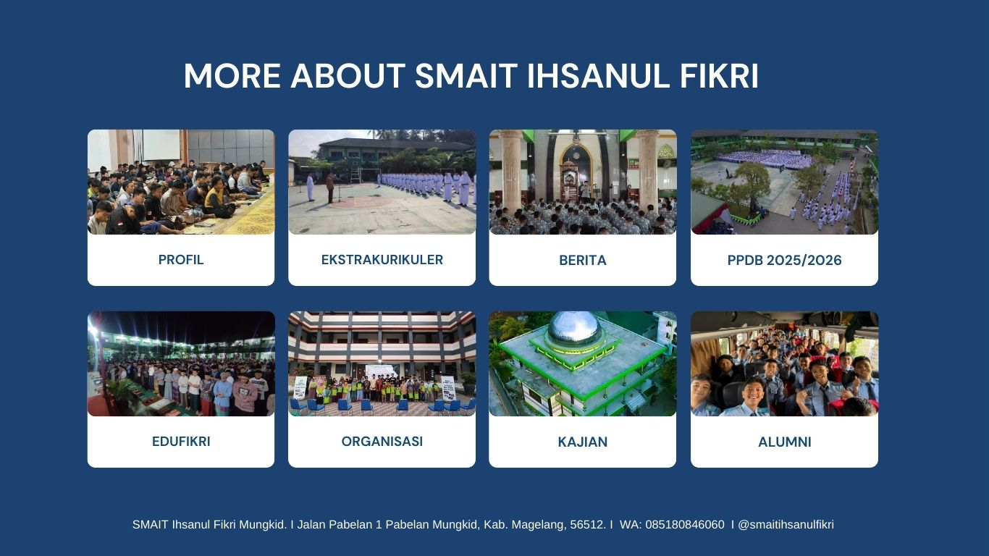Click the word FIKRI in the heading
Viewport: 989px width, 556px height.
719,75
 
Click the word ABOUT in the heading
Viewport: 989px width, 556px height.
348,75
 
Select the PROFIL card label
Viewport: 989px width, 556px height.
181,260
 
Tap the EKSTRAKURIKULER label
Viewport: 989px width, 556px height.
382,260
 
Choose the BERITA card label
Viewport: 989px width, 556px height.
583,260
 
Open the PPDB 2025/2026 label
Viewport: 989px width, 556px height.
785,260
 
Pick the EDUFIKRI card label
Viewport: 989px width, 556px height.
181,441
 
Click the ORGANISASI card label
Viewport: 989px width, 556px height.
382,441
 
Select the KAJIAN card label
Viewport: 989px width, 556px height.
583,442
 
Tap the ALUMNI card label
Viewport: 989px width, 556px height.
785,442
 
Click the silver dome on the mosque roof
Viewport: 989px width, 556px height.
574,328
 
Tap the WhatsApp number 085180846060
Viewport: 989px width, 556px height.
685,525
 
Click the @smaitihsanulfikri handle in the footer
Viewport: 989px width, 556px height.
786,525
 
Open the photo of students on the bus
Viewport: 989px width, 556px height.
785,364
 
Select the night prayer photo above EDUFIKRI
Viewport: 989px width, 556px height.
181,364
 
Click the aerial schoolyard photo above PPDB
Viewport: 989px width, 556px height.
785,182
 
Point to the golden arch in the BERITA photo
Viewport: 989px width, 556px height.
576,168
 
